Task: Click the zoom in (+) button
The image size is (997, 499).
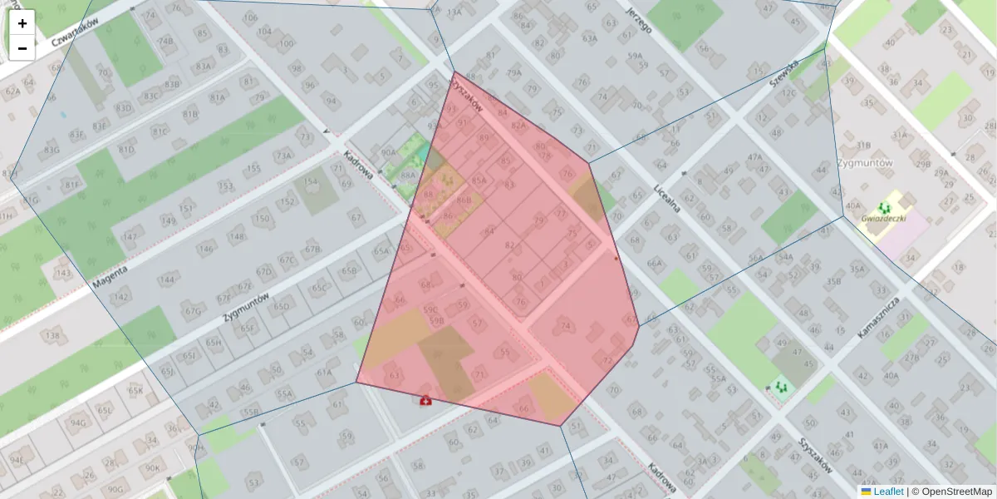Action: point(22,23)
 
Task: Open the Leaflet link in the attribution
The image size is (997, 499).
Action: point(888,492)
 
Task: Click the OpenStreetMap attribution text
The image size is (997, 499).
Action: point(955,492)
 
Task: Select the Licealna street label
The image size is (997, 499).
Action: point(667,198)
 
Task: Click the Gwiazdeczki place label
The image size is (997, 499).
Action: point(884,218)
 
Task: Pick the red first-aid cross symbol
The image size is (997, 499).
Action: point(426,401)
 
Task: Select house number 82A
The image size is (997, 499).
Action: point(519,126)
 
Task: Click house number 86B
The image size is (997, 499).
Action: point(464,200)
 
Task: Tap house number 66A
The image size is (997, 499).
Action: point(656,264)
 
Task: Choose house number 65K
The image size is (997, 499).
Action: point(135,390)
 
